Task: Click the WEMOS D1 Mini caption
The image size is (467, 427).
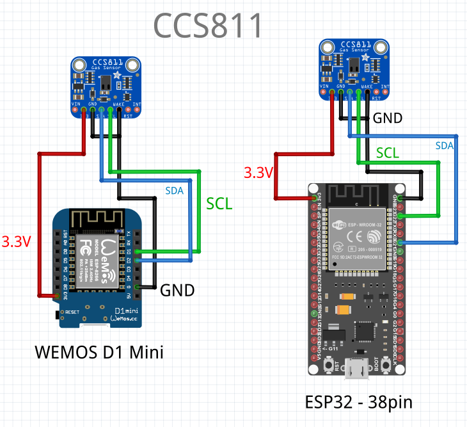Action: [99, 352]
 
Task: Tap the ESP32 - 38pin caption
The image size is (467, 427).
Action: [358, 403]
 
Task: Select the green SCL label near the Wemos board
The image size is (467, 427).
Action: [219, 204]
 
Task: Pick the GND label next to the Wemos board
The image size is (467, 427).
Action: [177, 290]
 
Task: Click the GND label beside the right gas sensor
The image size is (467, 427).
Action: [388, 118]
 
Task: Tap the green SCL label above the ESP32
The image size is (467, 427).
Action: [388, 152]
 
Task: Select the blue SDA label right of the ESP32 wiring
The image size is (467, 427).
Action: [444, 146]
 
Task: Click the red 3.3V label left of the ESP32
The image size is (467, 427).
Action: [258, 173]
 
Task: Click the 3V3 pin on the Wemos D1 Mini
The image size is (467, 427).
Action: [57, 294]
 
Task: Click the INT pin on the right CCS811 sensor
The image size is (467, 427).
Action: [384, 93]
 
